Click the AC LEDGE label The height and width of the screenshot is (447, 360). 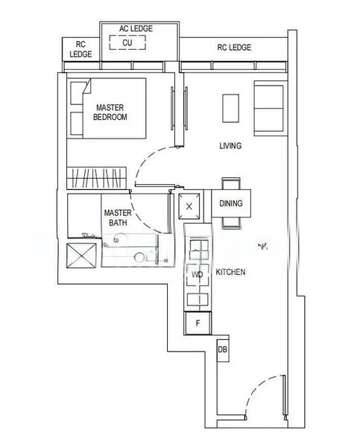tap(136, 28)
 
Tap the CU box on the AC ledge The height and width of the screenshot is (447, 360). tap(127, 42)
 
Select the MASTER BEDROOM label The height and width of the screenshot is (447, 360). tap(110, 112)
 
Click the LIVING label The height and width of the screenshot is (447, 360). tap(230, 146)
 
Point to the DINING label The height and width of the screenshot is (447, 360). tap(230, 203)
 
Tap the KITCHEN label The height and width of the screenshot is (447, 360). tap(230, 273)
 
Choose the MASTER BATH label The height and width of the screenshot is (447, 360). tap(118, 217)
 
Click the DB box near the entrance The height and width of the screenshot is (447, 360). tap(222, 349)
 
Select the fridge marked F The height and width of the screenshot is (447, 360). tap(198, 323)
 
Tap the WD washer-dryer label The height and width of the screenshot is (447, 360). tap(198, 275)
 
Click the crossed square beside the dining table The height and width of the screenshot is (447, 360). tap(191, 206)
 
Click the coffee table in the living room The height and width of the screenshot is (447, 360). tap(231, 107)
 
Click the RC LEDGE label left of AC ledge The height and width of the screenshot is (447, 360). tap(80, 50)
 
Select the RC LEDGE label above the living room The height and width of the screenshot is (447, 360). tap(234, 48)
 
